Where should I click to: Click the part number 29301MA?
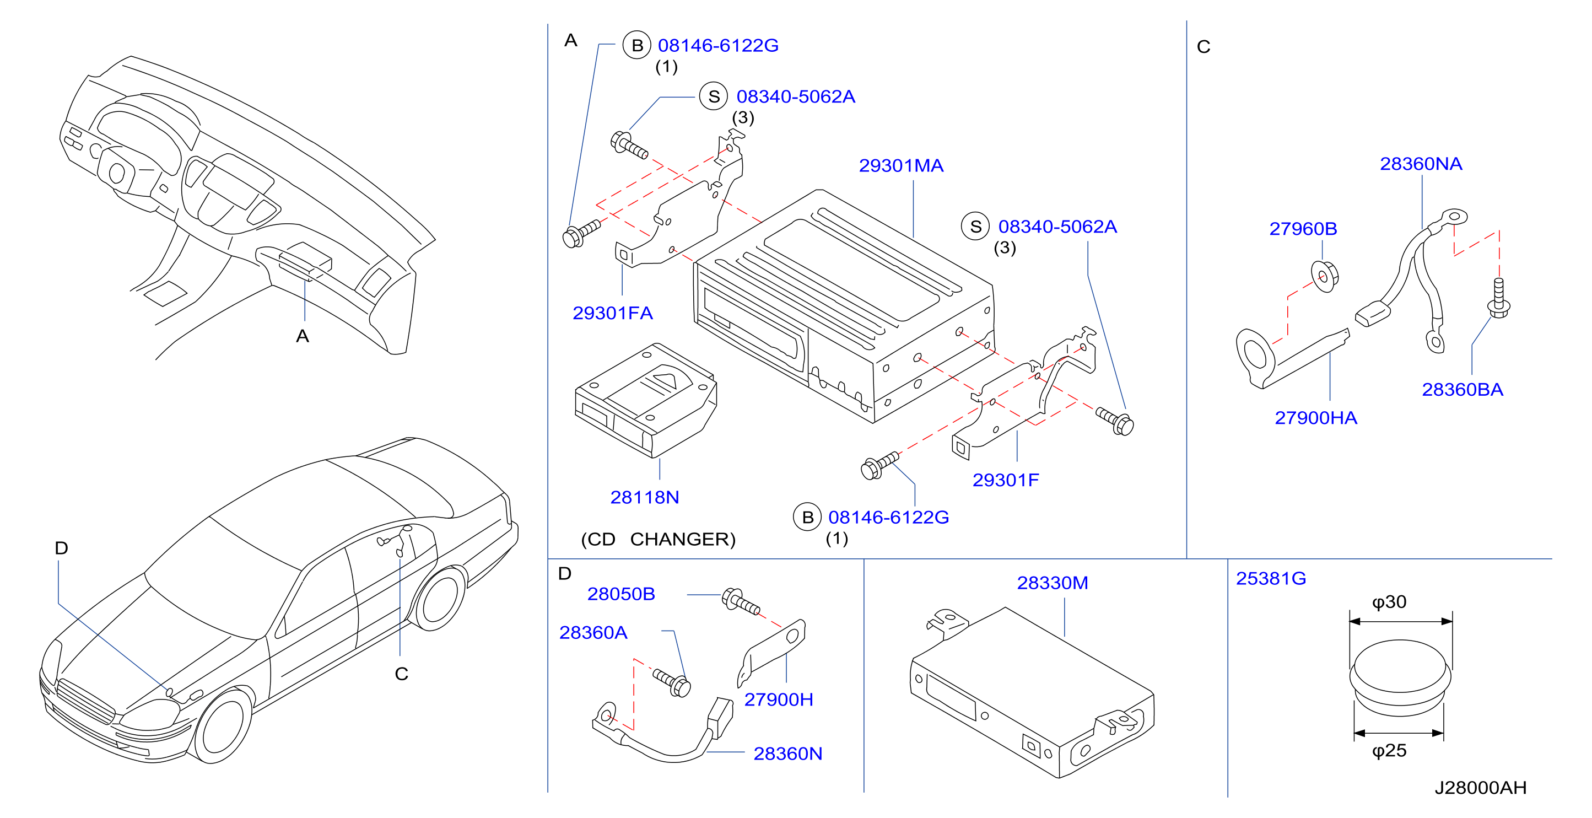(900, 166)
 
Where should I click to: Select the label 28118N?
(645, 497)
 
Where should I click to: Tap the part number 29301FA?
(612, 313)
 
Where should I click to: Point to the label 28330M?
(1053, 583)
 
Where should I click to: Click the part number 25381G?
(1271, 578)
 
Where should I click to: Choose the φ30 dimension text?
(1389, 601)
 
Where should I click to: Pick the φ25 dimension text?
(1389, 750)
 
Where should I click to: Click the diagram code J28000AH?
(1480, 787)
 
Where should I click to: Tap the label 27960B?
(1303, 229)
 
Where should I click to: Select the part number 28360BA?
(1462, 390)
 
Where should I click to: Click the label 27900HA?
(1316, 418)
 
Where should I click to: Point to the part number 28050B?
(620, 594)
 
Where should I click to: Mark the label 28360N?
(787, 754)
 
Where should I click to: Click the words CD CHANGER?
(658, 539)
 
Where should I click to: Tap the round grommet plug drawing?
(1400, 677)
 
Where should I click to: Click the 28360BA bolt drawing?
(1499, 299)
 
